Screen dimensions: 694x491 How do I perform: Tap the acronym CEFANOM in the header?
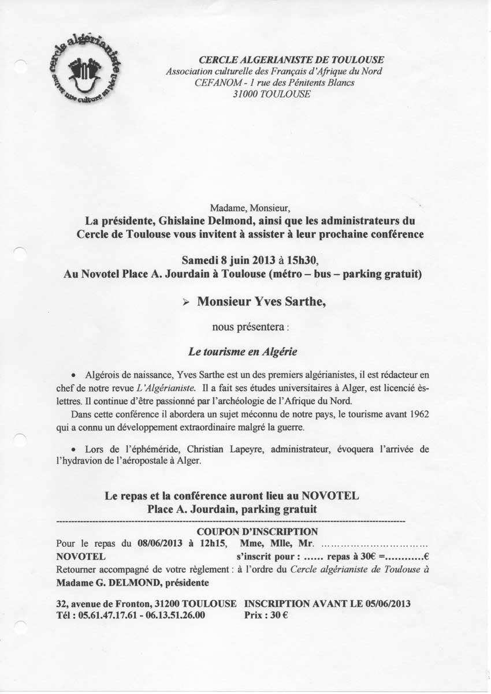215,83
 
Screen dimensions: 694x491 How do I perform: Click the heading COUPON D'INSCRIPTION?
257,532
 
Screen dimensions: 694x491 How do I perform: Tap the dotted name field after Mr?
374,544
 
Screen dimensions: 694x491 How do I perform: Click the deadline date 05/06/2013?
388,603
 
